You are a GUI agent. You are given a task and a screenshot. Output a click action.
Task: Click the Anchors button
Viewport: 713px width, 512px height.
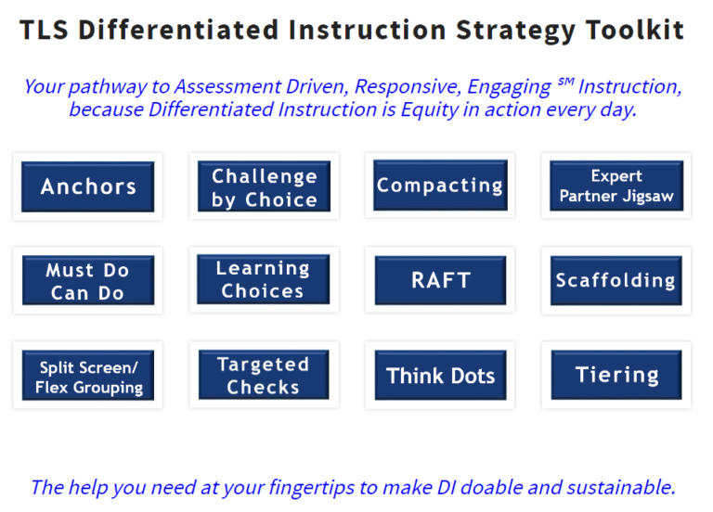click(x=88, y=186)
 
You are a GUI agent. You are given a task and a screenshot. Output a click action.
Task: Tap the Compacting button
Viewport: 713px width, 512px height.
click(x=440, y=186)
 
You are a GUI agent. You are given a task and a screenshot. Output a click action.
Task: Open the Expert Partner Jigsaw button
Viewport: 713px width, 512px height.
click(x=616, y=186)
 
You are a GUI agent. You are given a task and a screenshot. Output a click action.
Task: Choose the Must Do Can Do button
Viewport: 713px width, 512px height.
click(x=88, y=281)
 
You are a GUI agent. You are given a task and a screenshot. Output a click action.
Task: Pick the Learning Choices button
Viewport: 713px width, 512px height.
click(x=264, y=280)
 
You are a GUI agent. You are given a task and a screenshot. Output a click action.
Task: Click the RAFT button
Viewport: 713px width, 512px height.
click(x=440, y=280)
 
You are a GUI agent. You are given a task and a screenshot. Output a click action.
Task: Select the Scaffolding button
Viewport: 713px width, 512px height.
click(x=616, y=280)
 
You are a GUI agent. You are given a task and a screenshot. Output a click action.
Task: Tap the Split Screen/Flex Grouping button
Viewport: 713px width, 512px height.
click(x=88, y=376)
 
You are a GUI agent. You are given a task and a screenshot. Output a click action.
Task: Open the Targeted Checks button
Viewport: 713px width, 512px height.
click(x=264, y=376)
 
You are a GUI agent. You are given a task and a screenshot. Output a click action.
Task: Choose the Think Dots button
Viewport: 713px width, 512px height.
click(x=440, y=376)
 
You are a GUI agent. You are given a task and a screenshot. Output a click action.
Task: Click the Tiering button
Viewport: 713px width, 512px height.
click(x=616, y=376)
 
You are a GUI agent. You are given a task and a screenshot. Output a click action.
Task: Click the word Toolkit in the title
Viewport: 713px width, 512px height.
click(x=635, y=30)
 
